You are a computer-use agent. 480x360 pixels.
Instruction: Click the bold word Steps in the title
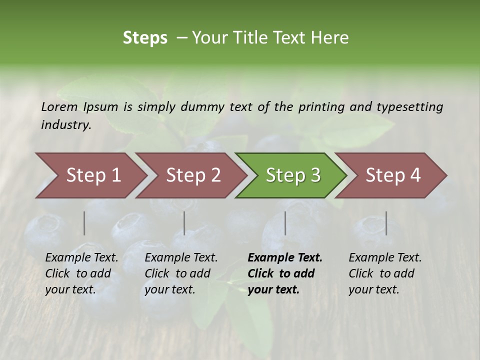(x=145, y=38)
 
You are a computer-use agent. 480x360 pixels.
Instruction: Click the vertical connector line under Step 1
(x=84, y=223)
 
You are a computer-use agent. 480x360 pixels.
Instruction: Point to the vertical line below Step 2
(x=184, y=223)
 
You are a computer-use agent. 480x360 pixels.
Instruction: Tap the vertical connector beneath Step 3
(x=285, y=223)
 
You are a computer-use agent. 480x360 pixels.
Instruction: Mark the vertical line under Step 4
(x=386, y=223)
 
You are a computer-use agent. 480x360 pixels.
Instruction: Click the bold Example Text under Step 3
(x=285, y=258)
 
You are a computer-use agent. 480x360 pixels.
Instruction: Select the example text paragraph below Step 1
(x=81, y=273)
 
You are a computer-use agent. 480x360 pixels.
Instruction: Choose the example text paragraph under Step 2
(x=181, y=273)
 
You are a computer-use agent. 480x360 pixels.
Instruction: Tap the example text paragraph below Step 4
(x=385, y=273)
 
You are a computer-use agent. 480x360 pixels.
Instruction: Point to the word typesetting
(x=409, y=107)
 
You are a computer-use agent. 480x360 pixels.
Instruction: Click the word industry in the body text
(x=66, y=125)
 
